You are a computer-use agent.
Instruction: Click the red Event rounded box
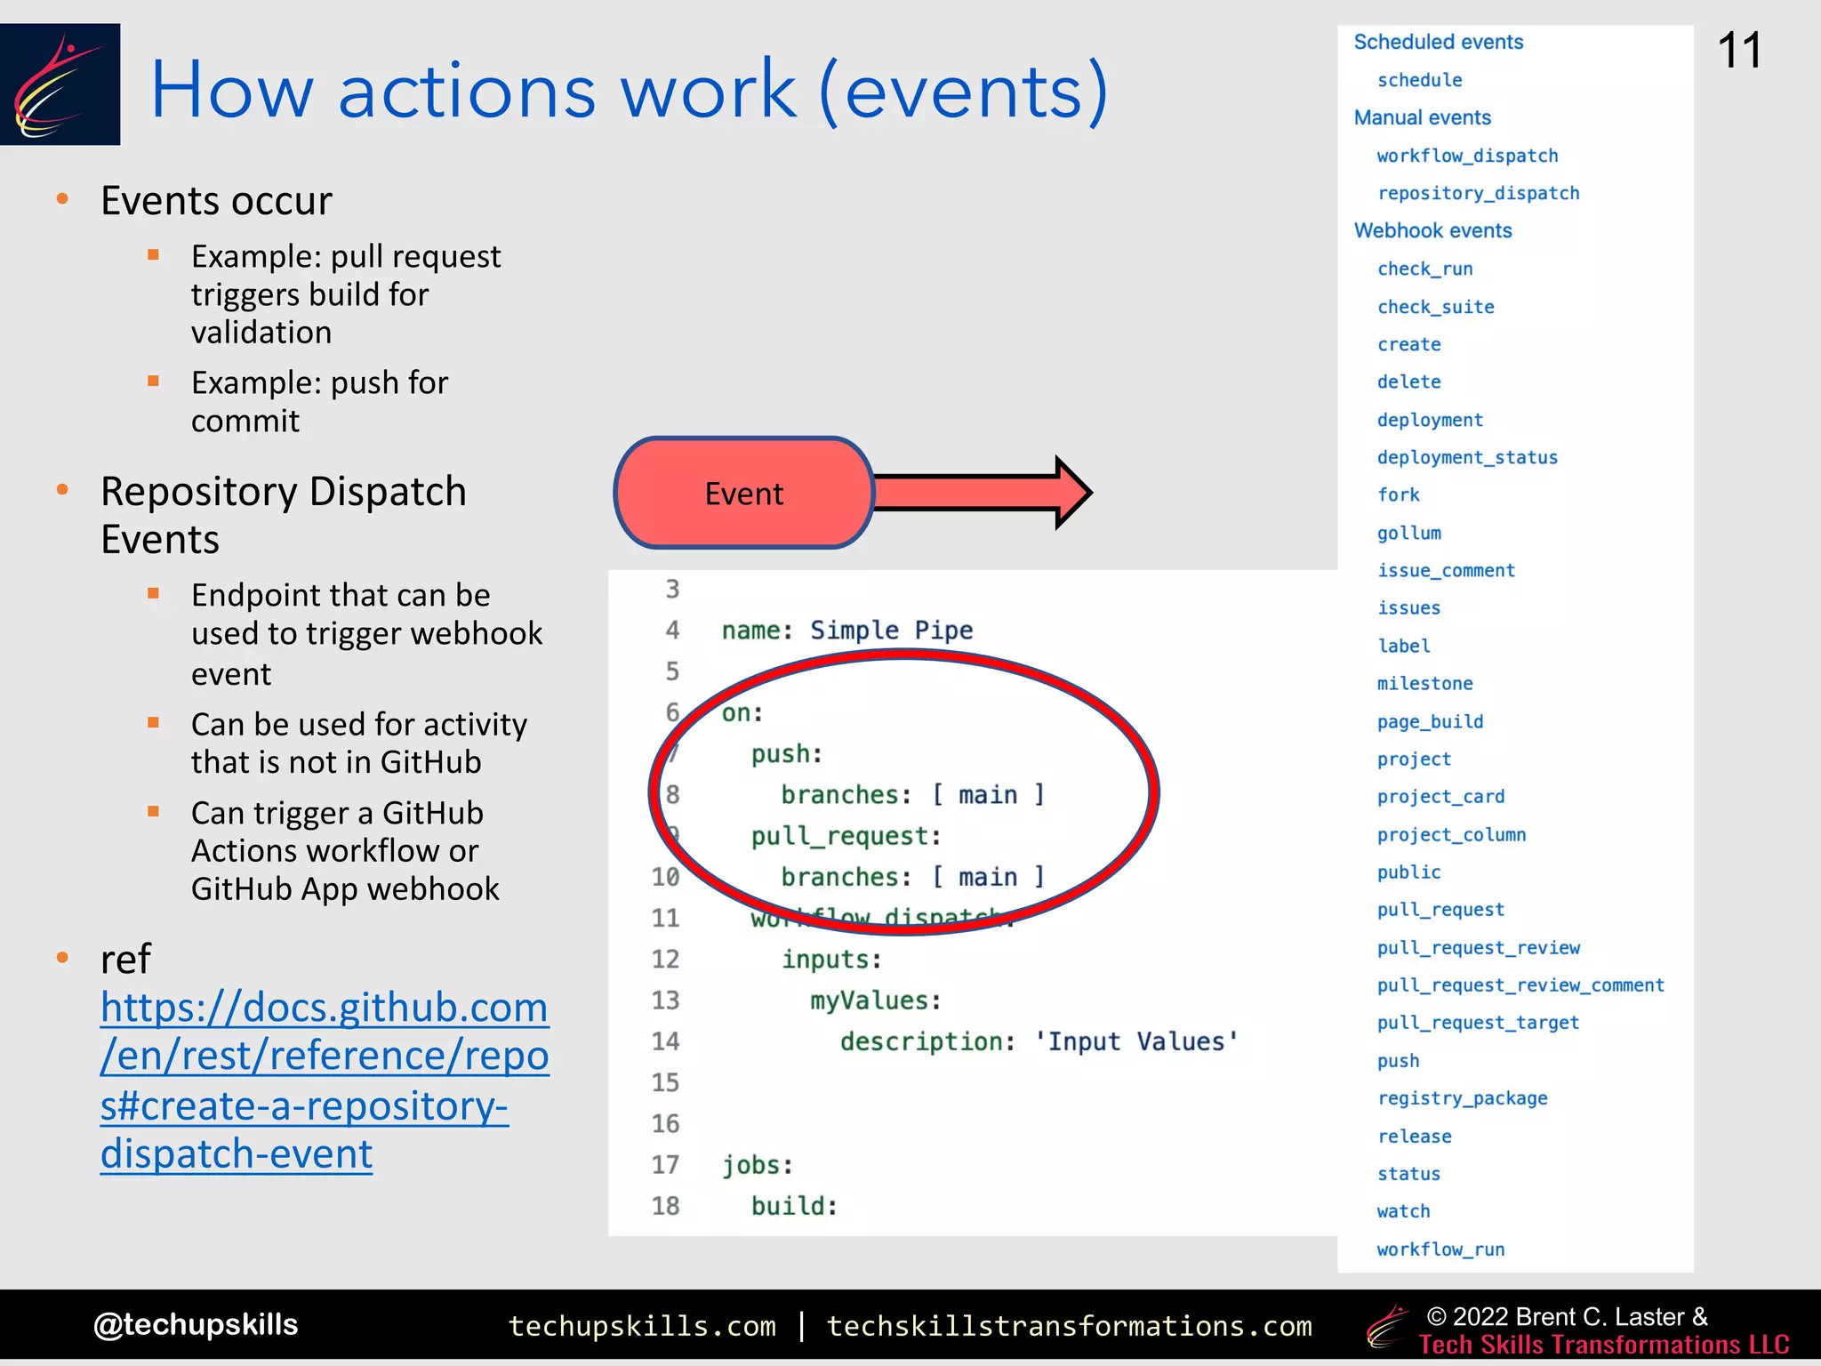744,493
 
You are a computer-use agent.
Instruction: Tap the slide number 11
1739,51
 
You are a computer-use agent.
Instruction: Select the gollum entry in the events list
1408,533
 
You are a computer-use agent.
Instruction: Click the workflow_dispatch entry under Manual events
1467,156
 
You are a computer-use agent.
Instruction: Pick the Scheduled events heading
1438,42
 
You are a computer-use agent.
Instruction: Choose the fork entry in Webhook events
1398,494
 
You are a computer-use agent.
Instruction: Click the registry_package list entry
1462,1098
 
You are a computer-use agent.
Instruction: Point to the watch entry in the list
1403,1211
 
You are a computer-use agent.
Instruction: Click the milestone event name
1424,683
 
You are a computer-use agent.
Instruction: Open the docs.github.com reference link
325,1080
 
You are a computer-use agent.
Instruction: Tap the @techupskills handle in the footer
196,1324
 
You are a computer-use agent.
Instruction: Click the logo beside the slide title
60,84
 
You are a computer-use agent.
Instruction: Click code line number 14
665,1041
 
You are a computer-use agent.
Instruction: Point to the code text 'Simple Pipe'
891,630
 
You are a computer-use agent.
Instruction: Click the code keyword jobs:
757,1165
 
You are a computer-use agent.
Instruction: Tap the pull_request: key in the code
846,836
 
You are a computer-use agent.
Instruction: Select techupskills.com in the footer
642,1326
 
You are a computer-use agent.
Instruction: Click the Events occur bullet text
216,201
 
